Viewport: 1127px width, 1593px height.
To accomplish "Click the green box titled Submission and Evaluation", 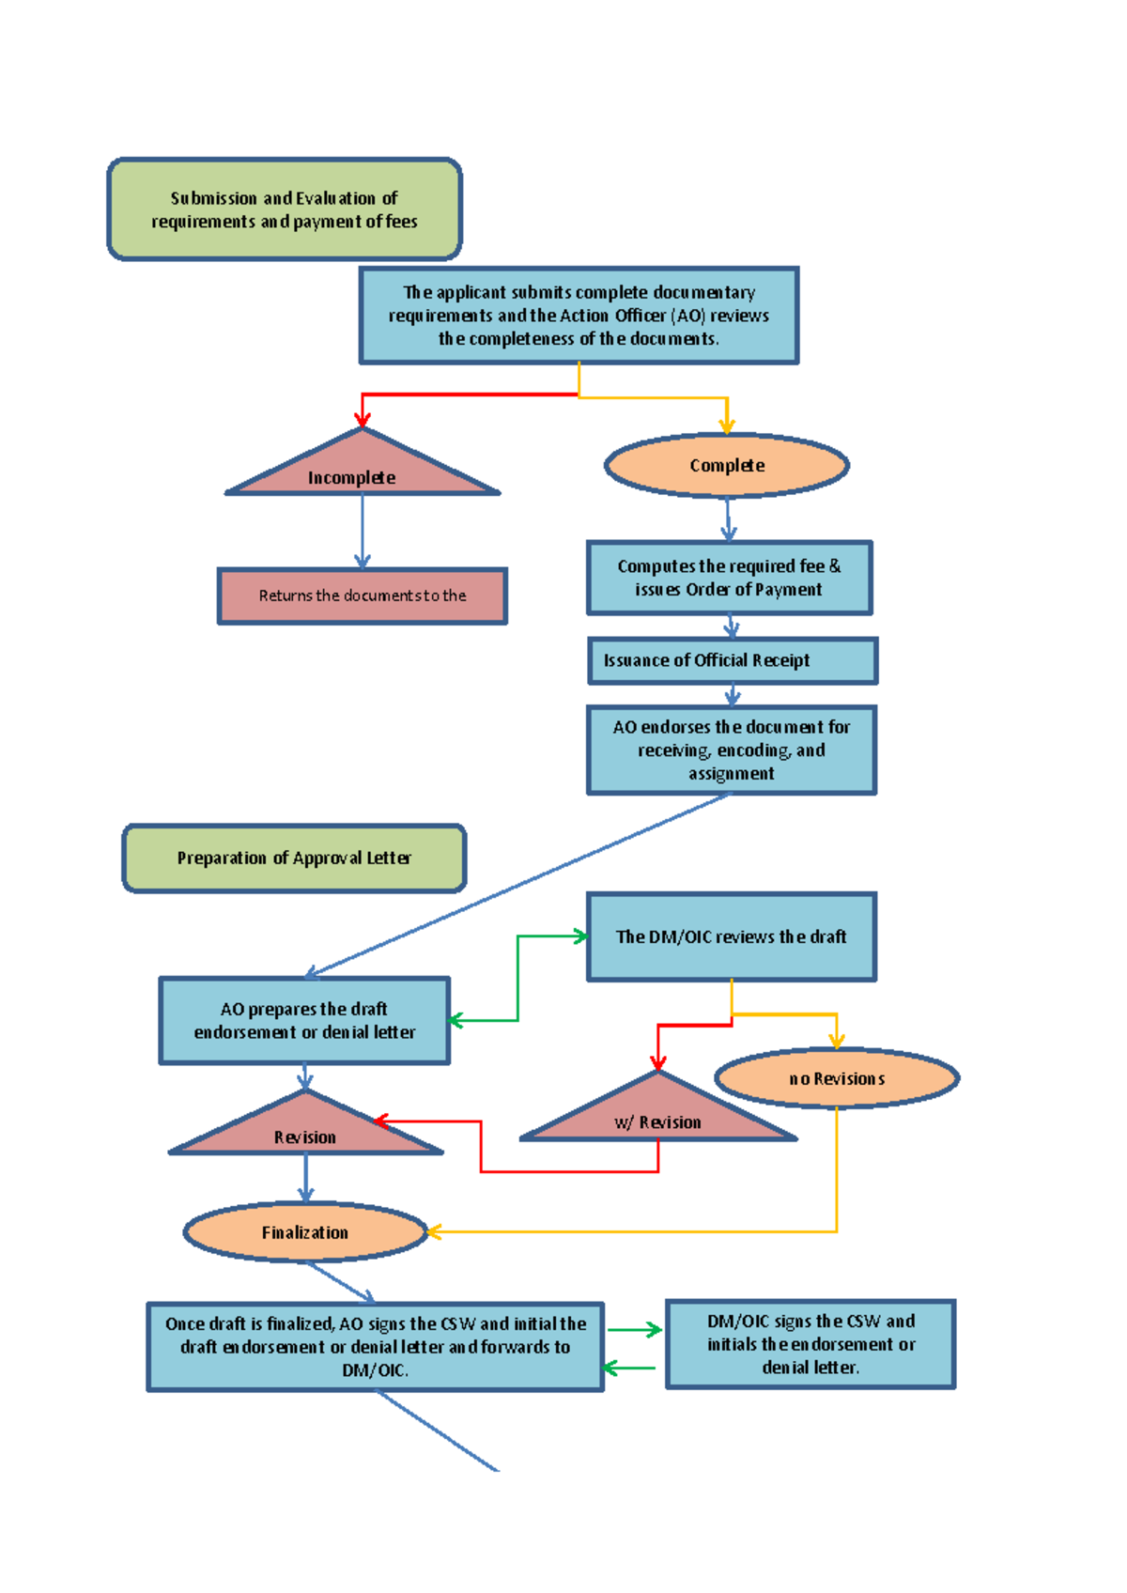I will pyautogui.click(x=285, y=209).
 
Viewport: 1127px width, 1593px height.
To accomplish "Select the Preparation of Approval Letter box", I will pyautogui.click(x=294, y=858).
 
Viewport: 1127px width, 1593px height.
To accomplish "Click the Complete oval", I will pyautogui.click(x=727, y=466).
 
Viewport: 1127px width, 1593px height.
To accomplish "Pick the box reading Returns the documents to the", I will pyautogui.click(x=363, y=595).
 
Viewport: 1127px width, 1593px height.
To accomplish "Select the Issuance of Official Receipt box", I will pyautogui.click(x=732, y=660).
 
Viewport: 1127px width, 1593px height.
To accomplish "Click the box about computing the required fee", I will pyautogui.click(x=729, y=578).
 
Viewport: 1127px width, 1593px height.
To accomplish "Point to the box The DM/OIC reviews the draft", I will pyautogui.click(x=731, y=936).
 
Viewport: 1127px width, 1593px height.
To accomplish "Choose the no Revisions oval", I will pyautogui.click(x=837, y=1078).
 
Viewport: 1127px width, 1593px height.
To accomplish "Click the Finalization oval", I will pyautogui.click(x=305, y=1232).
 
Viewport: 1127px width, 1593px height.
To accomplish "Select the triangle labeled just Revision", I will pyautogui.click(x=305, y=1130).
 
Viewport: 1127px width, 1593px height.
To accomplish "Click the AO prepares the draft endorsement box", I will pyautogui.click(x=304, y=1020).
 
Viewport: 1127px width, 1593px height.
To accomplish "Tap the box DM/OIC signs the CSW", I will pyautogui.click(x=811, y=1344).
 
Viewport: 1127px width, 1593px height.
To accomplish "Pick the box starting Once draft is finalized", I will pyautogui.click(x=376, y=1347).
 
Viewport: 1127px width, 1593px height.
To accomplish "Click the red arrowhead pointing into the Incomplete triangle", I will pyautogui.click(x=363, y=419).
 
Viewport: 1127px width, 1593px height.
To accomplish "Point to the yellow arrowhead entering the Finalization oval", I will pyautogui.click(x=434, y=1231).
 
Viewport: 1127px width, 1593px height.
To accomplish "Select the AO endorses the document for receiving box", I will pyautogui.click(x=732, y=750).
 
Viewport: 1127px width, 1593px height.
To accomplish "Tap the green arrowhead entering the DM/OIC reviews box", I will pyautogui.click(x=580, y=936).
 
